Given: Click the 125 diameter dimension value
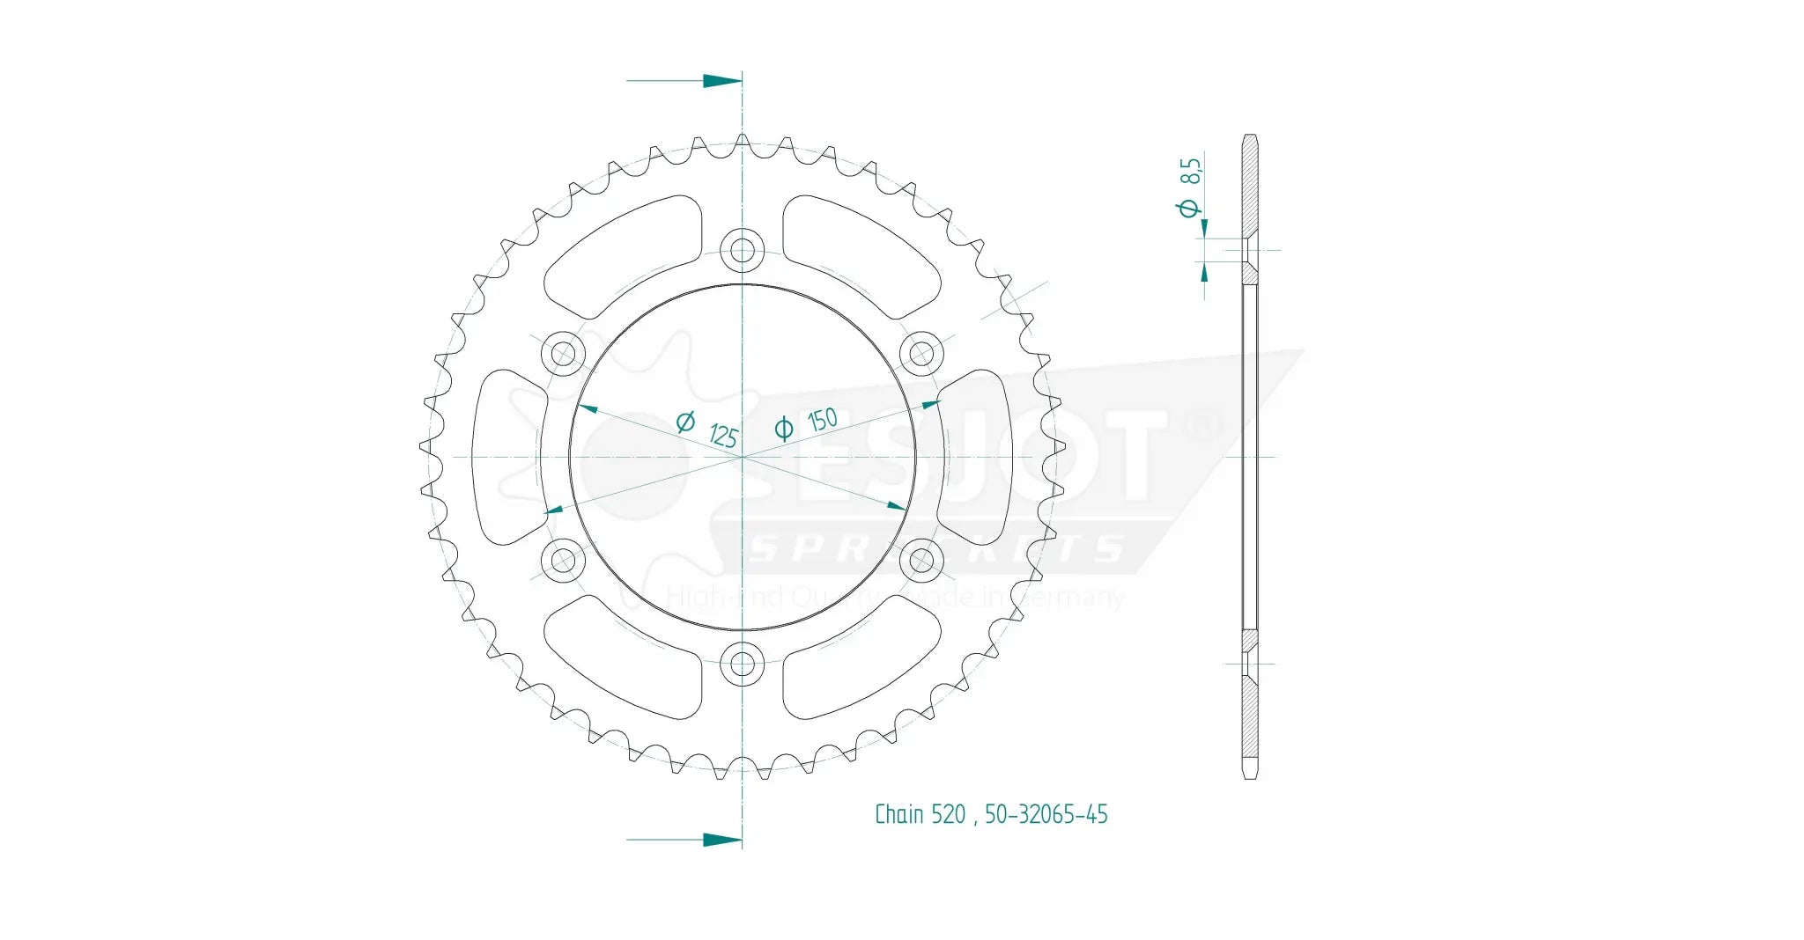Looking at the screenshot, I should [x=723, y=435].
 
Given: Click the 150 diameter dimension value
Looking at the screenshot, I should [x=823, y=420].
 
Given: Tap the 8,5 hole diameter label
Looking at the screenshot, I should [x=1190, y=171].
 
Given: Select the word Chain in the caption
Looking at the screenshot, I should [x=898, y=815].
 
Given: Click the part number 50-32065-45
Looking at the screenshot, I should [x=1046, y=815].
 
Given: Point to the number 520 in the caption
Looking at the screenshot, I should [x=949, y=815].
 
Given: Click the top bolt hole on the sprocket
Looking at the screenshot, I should [x=743, y=251].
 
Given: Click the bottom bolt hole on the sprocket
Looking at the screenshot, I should [x=743, y=664].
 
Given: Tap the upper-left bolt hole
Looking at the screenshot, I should [x=563, y=355].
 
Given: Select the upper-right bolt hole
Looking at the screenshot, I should [x=921, y=355].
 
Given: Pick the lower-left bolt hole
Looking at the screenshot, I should [x=563, y=560].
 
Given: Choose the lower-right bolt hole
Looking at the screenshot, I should [x=921, y=560].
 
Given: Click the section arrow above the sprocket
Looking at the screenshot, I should [x=721, y=81].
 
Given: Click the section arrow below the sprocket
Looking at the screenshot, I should [x=721, y=840].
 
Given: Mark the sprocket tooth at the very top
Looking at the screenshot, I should [x=743, y=141].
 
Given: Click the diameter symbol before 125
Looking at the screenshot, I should [x=685, y=422].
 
